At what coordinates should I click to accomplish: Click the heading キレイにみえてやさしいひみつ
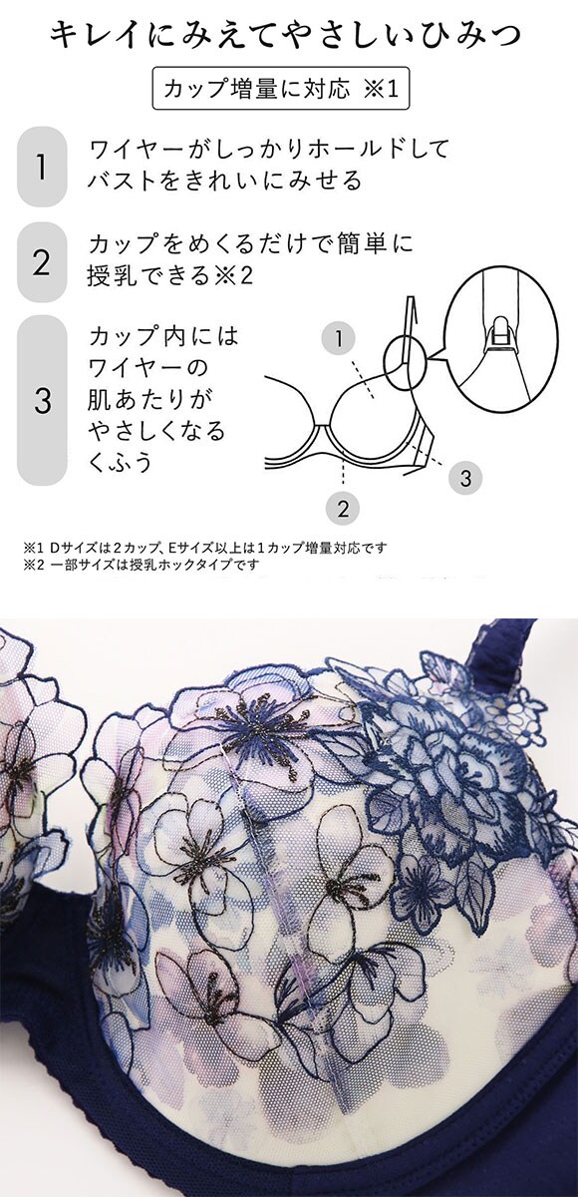(x=286, y=36)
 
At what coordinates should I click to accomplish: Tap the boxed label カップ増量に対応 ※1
(x=281, y=88)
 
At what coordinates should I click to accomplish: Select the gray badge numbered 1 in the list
(x=42, y=167)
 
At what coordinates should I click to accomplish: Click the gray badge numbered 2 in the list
(x=42, y=261)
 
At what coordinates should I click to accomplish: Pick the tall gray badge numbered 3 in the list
(x=42, y=400)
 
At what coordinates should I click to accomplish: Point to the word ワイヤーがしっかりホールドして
(x=268, y=149)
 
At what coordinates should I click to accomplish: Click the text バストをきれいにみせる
(x=225, y=181)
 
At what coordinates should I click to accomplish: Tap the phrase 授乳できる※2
(x=169, y=275)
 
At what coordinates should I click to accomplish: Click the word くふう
(x=121, y=462)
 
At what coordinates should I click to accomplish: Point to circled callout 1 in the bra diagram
(x=339, y=338)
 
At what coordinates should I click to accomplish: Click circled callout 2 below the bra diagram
(x=343, y=507)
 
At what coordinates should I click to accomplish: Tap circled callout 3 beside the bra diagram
(x=465, y=477)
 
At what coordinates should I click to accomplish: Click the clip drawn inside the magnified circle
(x=500, y=336)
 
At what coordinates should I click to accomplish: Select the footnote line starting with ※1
(x=204, y=548)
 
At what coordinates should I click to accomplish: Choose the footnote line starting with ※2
(x=141, y=565)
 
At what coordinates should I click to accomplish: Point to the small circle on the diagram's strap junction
(x=405, y=364)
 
